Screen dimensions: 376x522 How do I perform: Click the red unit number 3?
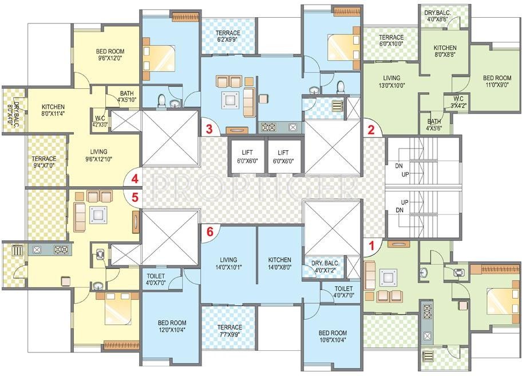209,129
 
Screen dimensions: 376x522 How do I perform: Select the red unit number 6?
210,232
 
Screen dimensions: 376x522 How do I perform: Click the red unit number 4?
135,178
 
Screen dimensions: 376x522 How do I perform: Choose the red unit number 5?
135,197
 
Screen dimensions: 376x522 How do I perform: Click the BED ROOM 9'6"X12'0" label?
110,55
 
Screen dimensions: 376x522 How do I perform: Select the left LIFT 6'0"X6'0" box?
247,156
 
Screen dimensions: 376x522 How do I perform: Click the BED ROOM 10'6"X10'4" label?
332,336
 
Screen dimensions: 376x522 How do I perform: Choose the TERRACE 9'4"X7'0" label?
44,162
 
